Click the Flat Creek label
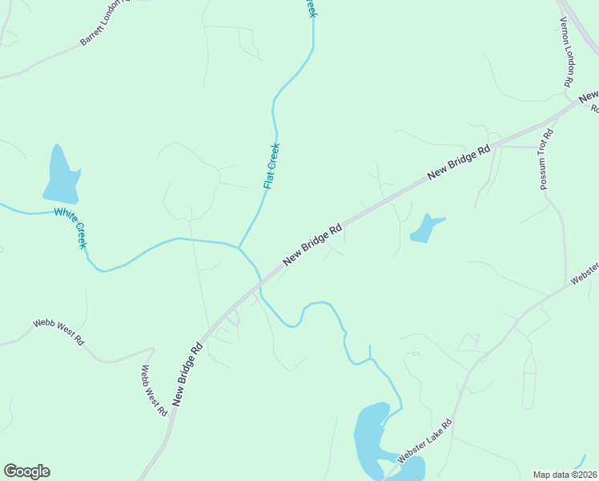tap(271, 166)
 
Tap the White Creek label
tap(70, 227)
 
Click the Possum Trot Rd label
tap(547, 161)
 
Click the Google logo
tap(26, 471)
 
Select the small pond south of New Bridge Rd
tap(424, 229)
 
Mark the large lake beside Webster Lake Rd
tap(370, 441)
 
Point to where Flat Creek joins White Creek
tap(239, 247)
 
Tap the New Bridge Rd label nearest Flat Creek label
tap(313, 245)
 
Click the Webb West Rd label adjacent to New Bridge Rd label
tap(154, 390)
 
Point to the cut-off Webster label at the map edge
tap(585, 273)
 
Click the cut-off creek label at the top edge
tap(311, 7)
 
